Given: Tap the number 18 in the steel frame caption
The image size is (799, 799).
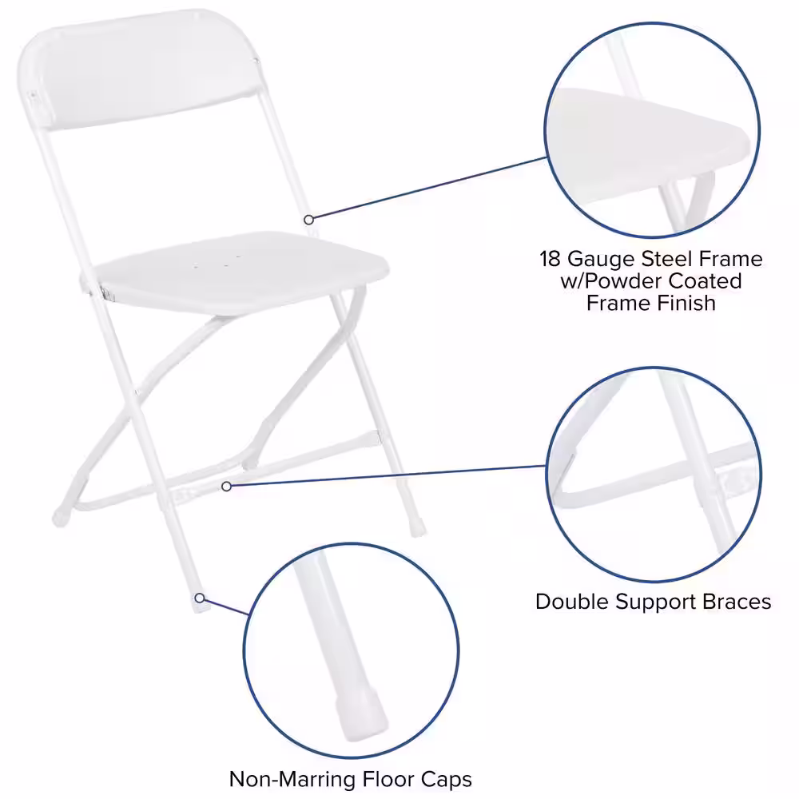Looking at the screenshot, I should (551, 259).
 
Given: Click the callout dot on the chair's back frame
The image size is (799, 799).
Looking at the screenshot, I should (308, 218).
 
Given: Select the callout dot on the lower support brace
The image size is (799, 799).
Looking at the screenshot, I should (227, 485).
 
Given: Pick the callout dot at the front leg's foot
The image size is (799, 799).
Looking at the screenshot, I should (199, 597).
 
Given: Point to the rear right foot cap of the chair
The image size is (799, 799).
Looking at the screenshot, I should (416, 528).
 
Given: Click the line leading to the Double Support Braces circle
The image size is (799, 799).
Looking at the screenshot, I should (384, 475).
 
